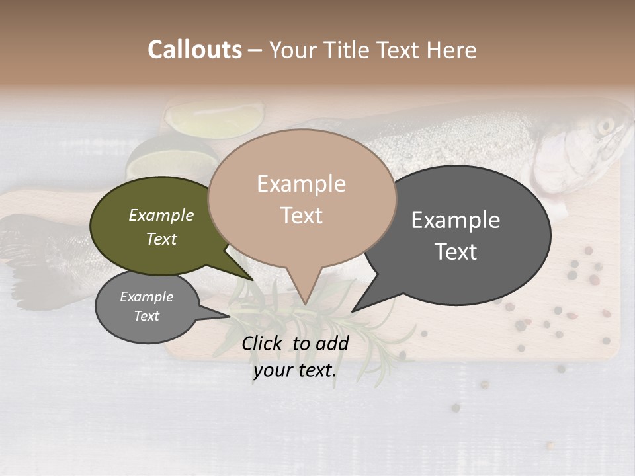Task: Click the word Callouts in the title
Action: pyautogui.click(x=194, y=50)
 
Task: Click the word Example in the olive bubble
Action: pyautogui.click(x=161, y=215)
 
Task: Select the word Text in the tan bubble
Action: pyautogui.click(x=302, y=216)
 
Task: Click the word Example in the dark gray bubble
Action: pyautogui.click(x=456, y=220)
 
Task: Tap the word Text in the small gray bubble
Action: pyautogui.click(x=147, y=316)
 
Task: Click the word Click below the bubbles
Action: pyautogui.click(x=263, y=342)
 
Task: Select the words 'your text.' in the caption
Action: pyautogui.click(x=295, y=370)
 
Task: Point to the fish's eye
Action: pyautogui.click(x=605, y=125)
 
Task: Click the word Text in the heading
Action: pyautogui.click(x=397, y=50)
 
